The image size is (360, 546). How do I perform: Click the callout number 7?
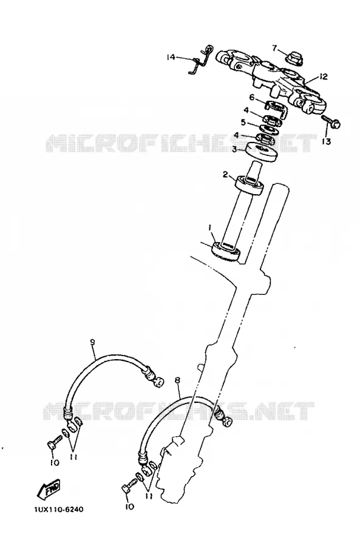[274, 48]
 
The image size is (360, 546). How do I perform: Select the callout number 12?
[324, 76]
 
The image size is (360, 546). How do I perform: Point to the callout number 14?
[171, 57]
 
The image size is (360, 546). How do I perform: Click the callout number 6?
[251, 97]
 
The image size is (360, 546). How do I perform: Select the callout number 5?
[243, 123]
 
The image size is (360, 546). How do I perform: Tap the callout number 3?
[234, 149]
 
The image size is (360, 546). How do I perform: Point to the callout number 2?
[225, 174]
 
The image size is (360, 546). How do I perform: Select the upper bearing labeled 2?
[250, 185]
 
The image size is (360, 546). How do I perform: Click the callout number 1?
[210, 227]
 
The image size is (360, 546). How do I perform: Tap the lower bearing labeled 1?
[226, 251]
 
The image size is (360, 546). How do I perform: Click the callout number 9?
[92, 342]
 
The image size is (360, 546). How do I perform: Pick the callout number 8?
[177, 380]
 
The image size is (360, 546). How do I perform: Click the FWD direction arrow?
[48, 488]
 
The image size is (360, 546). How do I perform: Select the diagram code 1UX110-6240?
[59, 510]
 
